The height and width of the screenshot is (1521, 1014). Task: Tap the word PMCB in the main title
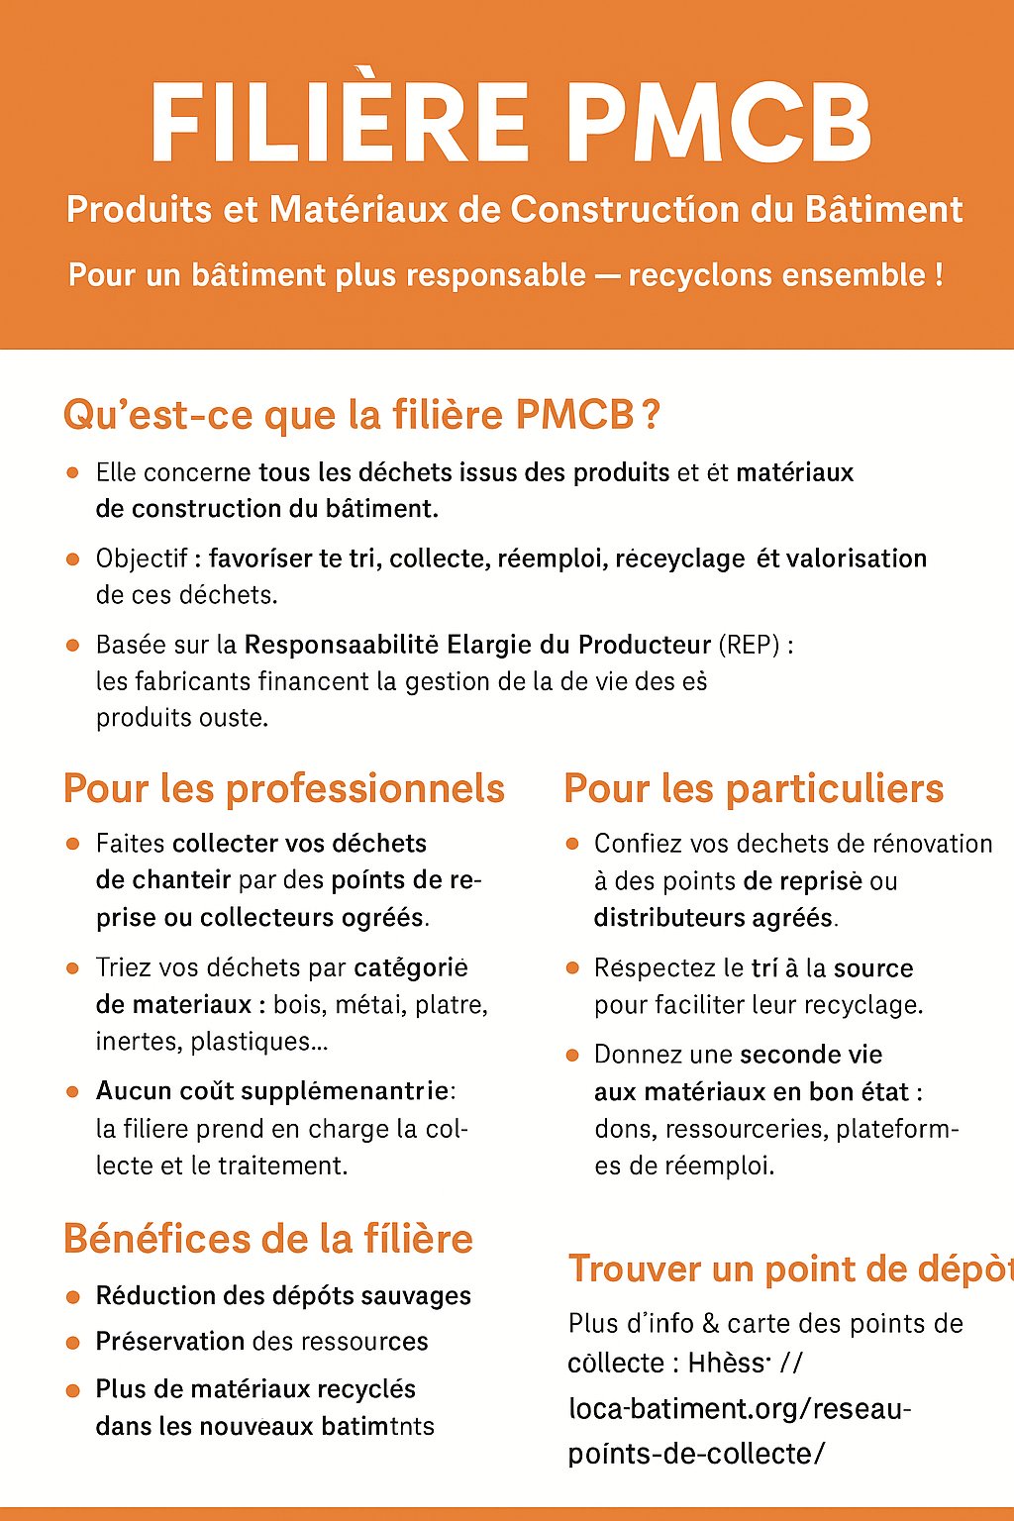click(x=720, y=123)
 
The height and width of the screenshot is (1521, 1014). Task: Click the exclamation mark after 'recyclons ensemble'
click(x=938, y=275)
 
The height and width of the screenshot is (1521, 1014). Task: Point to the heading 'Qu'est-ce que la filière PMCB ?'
click(x=361, y=415)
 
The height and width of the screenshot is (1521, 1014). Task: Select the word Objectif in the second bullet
click(x=142, y=558)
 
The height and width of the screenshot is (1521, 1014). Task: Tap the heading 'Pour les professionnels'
click(x=284, y=789)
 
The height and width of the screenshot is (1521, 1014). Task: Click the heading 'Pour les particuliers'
click(x=754, y=789)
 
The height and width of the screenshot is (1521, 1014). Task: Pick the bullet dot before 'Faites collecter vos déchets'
click(x=72, y=844)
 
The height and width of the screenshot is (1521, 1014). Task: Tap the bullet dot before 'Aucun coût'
click(x=72, y=1091)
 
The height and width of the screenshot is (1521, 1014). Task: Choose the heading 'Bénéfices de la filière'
click(x=268, y=1240)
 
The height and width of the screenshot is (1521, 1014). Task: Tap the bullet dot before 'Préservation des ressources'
click(x=72, y=1343)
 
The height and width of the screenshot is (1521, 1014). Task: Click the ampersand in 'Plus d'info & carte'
click(x=710, y=1324)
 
